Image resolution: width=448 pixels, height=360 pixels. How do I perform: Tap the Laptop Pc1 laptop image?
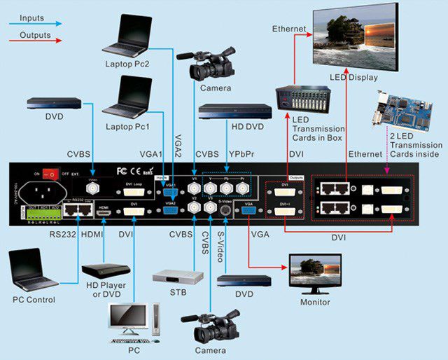coord(125,97)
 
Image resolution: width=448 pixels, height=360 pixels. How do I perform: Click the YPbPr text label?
coord(240,153)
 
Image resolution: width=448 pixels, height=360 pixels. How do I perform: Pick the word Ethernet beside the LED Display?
coord(290,29)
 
